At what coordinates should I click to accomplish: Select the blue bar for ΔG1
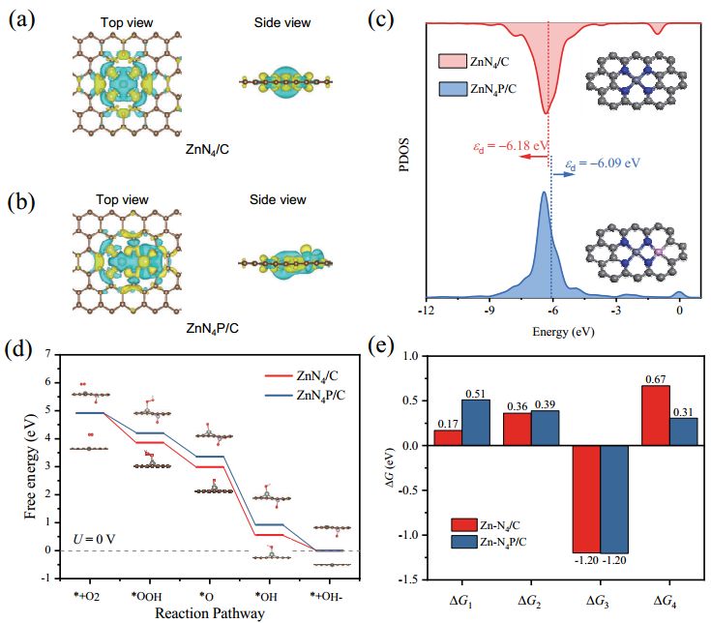tap(476, 423)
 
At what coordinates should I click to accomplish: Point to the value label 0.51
tap(476, 393)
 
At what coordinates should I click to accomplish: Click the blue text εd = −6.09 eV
tap(602, 163)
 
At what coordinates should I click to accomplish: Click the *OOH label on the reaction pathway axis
tap(147, 597)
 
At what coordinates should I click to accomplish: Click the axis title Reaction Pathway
tap(206, 613)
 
